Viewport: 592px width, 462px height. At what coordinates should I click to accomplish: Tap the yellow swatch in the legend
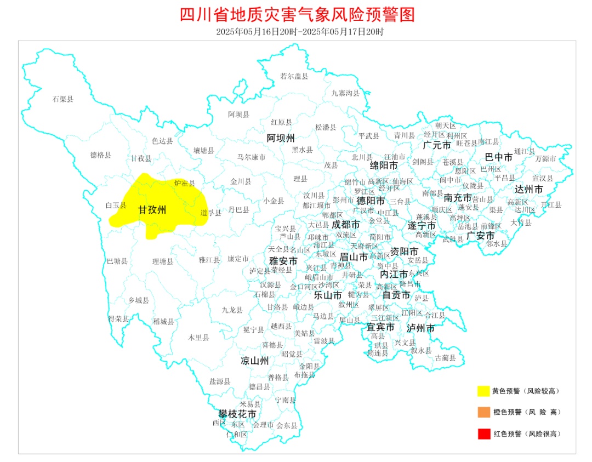coord(483,391)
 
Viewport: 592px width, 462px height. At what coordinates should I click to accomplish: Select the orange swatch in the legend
coord(483,412)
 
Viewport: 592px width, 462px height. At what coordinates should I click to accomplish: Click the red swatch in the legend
coord(483,434)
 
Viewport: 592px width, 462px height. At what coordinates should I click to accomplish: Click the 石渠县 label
coord(63,99)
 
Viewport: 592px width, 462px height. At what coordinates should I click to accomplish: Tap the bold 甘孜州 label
coord(152,210)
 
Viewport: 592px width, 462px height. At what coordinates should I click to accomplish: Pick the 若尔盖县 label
coord(294,76)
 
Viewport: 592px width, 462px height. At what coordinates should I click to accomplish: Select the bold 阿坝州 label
coord(281,138)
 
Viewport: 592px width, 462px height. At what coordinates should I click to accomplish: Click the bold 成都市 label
coord(346,225)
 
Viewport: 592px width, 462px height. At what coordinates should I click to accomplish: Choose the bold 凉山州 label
coord(255,361)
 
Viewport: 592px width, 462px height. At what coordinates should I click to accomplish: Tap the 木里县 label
coord(198,338)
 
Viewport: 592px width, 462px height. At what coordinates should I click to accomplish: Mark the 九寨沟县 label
coord(345,93)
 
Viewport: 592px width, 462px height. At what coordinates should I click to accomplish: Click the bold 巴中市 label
coord(499,157)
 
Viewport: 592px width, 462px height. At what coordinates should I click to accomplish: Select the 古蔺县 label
coord(445,358)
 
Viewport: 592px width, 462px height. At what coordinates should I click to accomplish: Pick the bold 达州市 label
coord(529,189)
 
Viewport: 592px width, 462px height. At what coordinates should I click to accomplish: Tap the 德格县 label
coord(101,155)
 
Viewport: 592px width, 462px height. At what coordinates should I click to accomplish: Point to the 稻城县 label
coord(163,322)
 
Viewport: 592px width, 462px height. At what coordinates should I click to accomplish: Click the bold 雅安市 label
coord(283,261)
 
